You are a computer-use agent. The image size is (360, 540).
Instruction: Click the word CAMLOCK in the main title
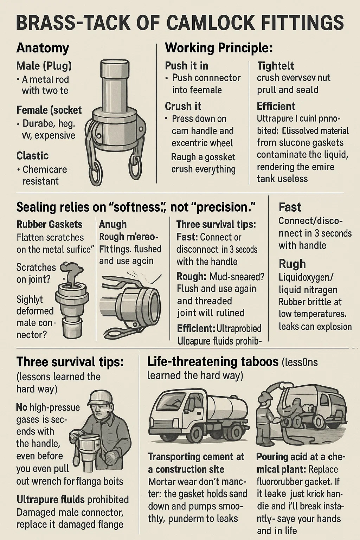210,22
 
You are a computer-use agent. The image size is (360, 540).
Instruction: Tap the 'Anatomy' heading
43,48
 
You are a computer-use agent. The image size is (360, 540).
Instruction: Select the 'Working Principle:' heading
219,48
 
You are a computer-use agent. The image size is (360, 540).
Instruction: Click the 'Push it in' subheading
186,66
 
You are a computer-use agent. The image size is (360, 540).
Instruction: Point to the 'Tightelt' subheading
276,66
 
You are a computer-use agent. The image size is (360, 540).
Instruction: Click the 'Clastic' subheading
33,155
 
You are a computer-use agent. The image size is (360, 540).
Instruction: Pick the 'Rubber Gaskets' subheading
50,224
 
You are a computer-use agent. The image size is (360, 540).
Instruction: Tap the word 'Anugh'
113,225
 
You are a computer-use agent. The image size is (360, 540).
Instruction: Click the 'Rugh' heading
292,264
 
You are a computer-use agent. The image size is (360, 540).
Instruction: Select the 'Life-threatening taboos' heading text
213,362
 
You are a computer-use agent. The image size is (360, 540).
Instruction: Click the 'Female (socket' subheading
49,110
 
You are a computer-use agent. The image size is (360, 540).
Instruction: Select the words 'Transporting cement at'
196,457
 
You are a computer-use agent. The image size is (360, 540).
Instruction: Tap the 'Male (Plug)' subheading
44,66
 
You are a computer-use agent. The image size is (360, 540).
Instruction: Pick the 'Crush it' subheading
183,106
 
